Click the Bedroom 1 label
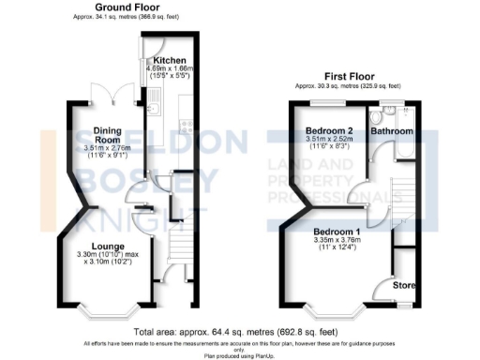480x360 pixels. click(x=335, y=230)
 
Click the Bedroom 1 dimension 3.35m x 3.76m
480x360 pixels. click(x=335, y=239)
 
